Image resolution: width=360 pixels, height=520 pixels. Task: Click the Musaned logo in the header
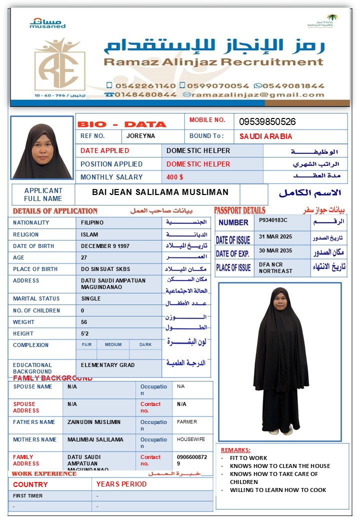(47, 23)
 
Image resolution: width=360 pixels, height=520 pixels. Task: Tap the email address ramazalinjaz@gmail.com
(257, 94)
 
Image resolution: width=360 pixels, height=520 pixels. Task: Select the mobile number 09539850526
(267, 122)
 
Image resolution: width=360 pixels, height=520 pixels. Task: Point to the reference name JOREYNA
(140, 136)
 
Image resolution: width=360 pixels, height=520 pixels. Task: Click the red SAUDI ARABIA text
(265, 136)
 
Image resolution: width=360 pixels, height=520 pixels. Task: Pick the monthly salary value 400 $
(175, 177)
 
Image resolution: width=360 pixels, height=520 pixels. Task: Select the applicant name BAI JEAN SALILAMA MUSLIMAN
(160, 192)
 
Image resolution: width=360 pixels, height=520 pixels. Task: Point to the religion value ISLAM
(89, 234)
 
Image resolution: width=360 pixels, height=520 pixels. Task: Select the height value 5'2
(85, 333)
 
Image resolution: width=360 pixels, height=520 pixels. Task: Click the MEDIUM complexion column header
(113, 344)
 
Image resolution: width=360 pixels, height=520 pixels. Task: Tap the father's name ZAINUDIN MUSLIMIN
(94, 422)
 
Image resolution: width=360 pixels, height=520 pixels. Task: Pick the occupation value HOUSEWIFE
(191, 439)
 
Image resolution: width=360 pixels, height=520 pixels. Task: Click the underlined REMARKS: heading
(235, 450)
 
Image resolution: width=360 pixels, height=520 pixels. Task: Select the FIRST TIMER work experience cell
(27, 496)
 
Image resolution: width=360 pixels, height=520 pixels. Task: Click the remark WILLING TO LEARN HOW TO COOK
(278, 490)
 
